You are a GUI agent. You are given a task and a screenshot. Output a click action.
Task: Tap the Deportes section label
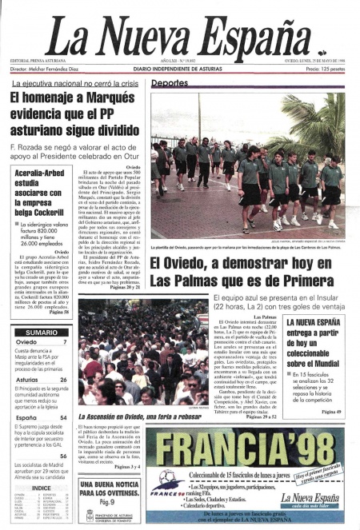pos(170,83)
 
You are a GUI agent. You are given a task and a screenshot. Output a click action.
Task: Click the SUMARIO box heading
pos(41,332)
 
